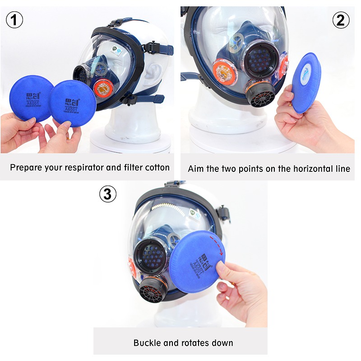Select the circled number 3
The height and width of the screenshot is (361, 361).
click(107, 194)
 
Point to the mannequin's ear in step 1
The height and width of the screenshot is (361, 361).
click(153, 71)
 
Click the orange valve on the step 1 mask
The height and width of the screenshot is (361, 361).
click(104, 88)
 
